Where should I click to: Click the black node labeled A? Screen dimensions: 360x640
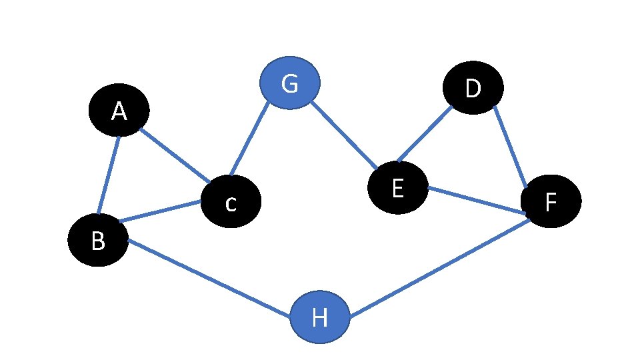[119, 111]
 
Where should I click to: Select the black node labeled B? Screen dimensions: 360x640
[98, 240]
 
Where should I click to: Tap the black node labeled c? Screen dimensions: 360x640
[231, 201]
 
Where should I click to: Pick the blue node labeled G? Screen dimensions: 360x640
[290, 83]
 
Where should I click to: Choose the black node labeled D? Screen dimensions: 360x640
[473, 87]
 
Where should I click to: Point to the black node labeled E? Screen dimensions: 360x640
[397, 187]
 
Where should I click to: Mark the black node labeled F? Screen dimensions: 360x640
[551, 201]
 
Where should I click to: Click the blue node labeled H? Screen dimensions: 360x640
[320, 318]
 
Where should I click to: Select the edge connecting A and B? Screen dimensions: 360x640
[109, 175]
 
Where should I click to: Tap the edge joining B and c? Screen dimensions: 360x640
[160, 211]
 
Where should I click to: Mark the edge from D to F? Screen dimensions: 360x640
[510, 147]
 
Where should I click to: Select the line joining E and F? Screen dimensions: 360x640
[477, 201]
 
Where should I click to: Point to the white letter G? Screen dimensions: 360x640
[289, 84]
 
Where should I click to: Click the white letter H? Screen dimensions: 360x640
[320, 319]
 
